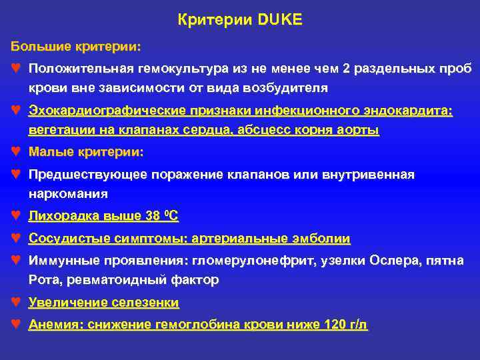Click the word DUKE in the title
tap(277, 21)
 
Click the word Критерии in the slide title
tap(214, 21)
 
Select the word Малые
tap(48, 153)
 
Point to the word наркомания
tap(68, 194)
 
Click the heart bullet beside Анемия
tap(15, 325)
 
